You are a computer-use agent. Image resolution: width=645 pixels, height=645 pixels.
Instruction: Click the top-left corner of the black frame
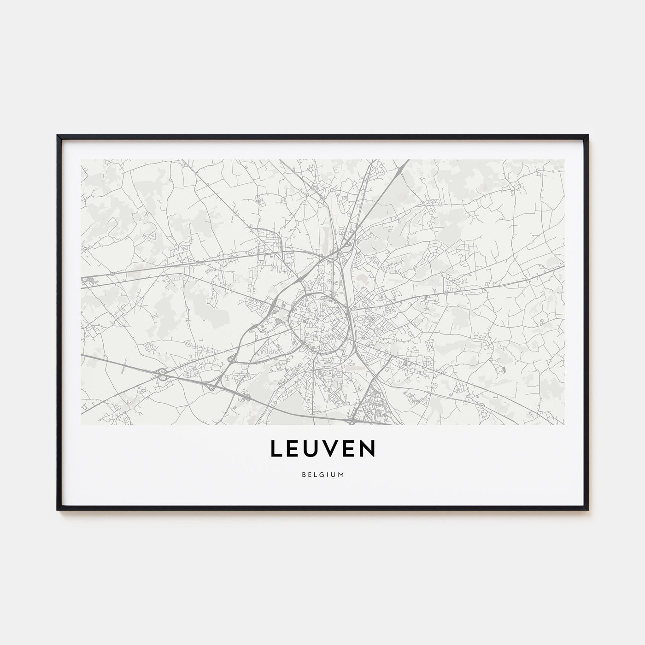click(x=58, y=135)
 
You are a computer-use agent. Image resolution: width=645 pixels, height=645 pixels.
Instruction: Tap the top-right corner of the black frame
click(x=588, y=135)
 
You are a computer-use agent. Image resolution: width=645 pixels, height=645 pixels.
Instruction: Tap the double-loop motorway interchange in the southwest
click(x=162, y=374)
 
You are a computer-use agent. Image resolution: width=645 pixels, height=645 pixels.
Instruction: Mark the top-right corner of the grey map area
click(x=564, y=160)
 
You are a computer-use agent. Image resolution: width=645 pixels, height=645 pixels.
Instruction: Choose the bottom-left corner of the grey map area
click(x=81, y=424)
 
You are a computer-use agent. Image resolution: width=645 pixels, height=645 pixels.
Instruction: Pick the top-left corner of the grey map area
click(x=81, y=160)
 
